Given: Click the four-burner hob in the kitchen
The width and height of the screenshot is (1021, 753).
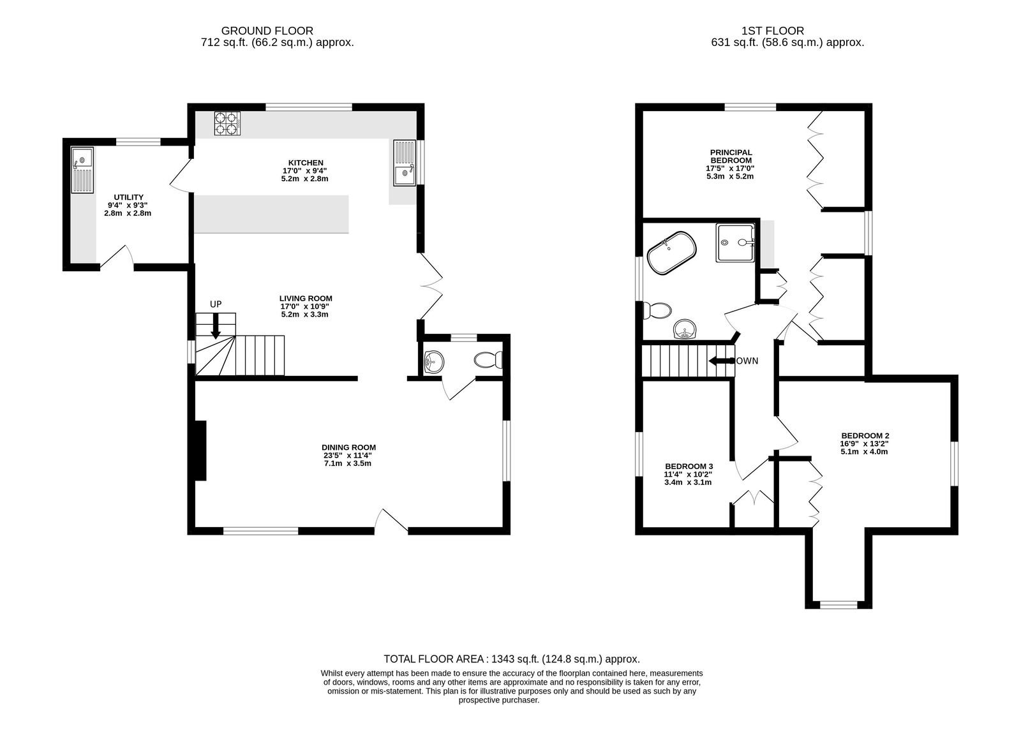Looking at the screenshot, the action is (227, 124).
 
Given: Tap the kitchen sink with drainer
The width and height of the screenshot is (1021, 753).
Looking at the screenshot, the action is (405, 163).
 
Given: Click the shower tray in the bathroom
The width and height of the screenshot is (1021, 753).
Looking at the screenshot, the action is (734, 242).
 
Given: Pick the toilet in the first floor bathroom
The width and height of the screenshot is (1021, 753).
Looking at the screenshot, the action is (657, 311).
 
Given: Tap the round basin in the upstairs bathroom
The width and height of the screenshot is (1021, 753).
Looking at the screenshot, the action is (685, 329).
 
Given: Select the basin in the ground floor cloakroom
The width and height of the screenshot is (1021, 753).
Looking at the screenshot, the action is (433, 362).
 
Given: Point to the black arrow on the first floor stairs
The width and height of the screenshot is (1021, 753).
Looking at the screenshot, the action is (720, 361).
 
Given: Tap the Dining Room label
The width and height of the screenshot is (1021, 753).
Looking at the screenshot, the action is (348, 447).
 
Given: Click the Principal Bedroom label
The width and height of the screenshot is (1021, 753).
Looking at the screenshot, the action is (731, 156).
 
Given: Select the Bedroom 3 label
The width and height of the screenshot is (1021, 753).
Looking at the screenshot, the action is (689, 466).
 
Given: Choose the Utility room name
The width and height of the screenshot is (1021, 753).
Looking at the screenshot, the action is (128, 197).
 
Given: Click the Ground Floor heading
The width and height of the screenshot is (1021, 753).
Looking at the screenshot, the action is (267, 31).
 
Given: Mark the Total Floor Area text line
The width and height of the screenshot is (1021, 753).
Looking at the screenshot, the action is (512, 659).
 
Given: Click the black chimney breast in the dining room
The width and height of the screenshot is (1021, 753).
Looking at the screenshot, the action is (200, 451).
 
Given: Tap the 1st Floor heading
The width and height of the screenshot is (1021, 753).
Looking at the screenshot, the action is (773, 31).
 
